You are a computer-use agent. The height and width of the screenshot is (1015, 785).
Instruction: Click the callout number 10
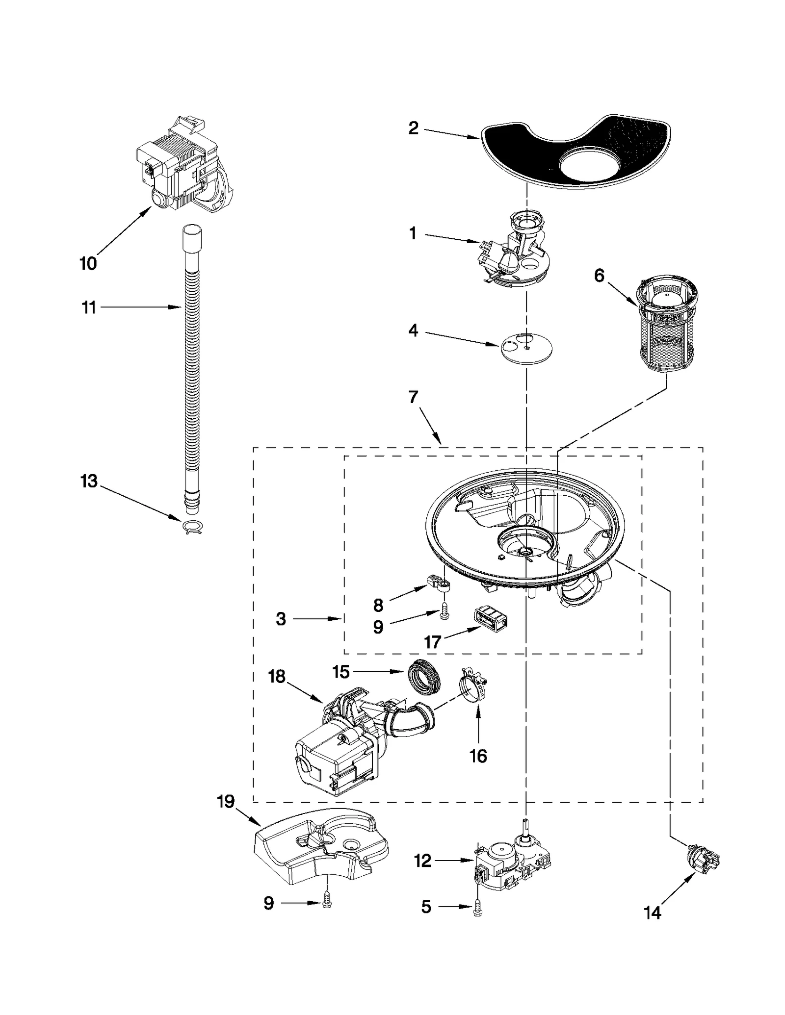pos(88,263)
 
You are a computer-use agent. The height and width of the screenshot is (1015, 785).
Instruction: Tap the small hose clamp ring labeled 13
pos(192,527)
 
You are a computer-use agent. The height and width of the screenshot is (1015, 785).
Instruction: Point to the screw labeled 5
pos(477,908)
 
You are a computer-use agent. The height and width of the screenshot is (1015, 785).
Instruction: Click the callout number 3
pos(281,619)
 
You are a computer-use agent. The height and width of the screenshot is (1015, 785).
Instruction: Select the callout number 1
pos(413,233)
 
